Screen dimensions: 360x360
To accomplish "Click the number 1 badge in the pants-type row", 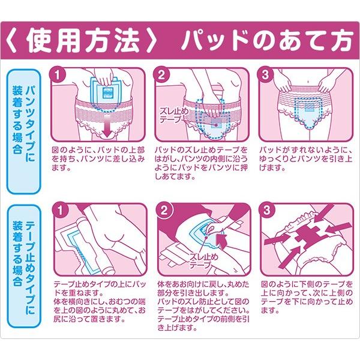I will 58,75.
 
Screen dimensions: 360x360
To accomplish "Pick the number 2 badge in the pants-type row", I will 161,75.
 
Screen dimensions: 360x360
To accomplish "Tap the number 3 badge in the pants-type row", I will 265,75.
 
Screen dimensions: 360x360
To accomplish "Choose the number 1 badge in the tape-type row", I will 58,211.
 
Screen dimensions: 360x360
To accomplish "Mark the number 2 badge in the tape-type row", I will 161,211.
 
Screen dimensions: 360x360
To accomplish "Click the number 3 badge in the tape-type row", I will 265,211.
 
